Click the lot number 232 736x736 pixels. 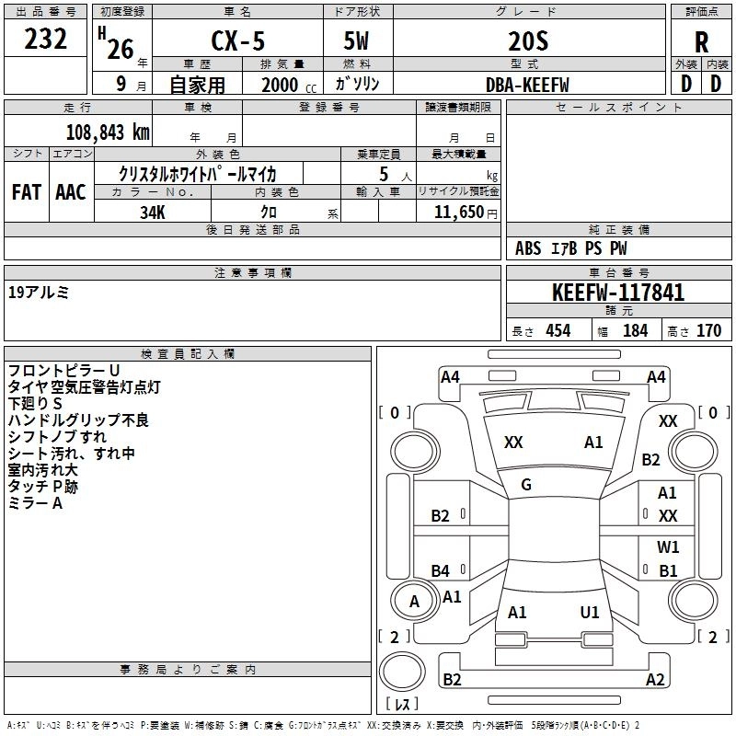pos(46,40)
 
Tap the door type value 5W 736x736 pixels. pos(357,42)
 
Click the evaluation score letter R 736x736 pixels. pos(701,42)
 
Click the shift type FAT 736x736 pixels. pos(26,192)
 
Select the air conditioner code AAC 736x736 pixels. pos(71,192)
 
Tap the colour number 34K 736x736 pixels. pos(152,213)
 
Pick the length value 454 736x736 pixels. pos(558,330)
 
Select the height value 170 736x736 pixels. pos(708,330)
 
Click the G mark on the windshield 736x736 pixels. pos(526,484)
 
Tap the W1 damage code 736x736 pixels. pos(668,546)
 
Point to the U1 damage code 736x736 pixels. pos(590,612)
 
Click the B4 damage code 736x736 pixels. pos(441,570)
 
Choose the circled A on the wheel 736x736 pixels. pos(414,602)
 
